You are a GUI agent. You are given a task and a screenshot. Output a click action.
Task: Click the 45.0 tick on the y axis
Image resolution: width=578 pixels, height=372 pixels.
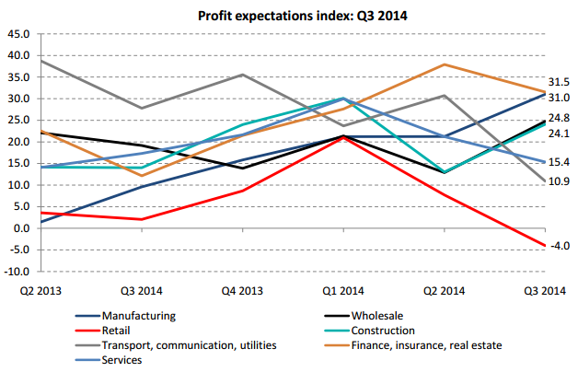click(19, 34)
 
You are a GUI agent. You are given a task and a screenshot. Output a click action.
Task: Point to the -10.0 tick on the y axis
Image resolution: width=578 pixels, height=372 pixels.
click(17, 272)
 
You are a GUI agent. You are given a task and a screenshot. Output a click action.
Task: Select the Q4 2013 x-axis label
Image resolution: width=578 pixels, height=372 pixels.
click(243, 291)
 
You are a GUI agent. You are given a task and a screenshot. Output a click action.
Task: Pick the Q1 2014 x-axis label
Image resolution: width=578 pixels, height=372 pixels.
click(344, 291)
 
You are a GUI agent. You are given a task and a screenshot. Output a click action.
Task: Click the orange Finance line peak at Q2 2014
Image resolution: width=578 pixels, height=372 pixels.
click(445, 64)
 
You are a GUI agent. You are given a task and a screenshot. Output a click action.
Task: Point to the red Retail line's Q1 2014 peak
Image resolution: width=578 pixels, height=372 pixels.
click(343, 137)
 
